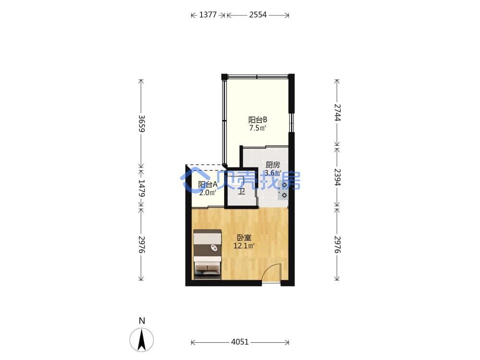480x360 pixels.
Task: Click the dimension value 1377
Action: coord(208,15)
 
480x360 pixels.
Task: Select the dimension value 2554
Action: coord(258,15)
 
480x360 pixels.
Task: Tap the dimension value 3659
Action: coord(142,123)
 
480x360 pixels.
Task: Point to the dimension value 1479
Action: coord(142,188)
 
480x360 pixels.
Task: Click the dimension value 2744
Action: coord(337,113)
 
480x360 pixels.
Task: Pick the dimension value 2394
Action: coord(337,177)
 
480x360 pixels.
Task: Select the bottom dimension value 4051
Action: coord(240,342)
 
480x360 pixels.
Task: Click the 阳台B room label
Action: coord(257,120)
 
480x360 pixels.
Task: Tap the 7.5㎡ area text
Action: coord(257,128)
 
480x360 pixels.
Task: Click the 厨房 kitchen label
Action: coord(273,165)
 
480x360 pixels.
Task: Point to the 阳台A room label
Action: coord(207,185)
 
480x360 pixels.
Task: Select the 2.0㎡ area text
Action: coord(207,192)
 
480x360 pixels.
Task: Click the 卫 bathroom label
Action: coord(242,192)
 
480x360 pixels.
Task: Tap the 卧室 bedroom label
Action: coord(244,238)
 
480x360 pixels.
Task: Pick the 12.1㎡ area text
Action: coord(244,245)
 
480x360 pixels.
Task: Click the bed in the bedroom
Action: coord(207,254)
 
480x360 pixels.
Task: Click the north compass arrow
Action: coord(142,339)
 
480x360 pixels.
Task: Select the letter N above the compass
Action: coord(142,321)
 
